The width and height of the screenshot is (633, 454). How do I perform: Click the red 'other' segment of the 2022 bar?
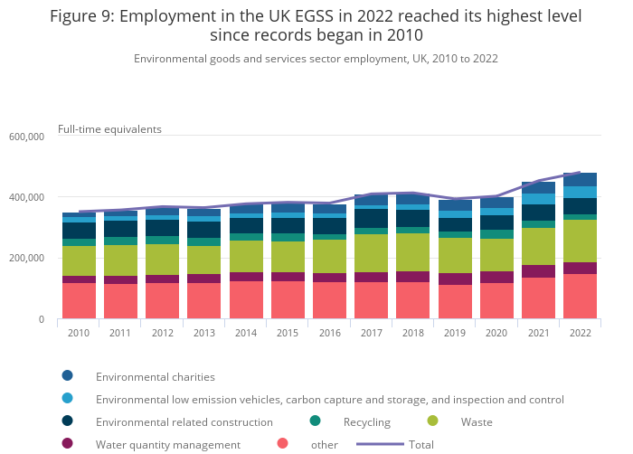579,296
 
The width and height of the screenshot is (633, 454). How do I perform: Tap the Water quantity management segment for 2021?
537,271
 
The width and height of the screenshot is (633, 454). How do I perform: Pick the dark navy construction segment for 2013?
203,230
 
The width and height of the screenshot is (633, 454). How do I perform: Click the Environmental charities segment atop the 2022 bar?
579,179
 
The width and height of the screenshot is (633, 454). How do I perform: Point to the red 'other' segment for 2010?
79,300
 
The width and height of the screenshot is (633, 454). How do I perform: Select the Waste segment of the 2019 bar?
454,255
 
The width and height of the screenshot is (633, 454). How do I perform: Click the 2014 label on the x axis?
245,333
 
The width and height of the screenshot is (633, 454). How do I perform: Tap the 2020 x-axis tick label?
496,333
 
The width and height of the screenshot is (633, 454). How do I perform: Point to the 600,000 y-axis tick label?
26,137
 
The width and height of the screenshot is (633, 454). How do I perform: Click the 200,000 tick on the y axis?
26,259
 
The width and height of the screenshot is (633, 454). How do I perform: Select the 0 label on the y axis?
40,319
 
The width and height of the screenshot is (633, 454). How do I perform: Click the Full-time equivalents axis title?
109,129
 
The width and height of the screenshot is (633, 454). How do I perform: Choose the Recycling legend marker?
315,421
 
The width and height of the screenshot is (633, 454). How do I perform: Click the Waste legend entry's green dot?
432,421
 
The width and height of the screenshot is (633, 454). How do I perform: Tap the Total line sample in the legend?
379,444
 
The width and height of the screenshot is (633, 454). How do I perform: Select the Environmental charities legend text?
156,376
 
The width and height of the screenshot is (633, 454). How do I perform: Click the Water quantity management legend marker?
67,444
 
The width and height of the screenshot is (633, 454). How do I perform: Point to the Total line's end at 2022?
579,172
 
